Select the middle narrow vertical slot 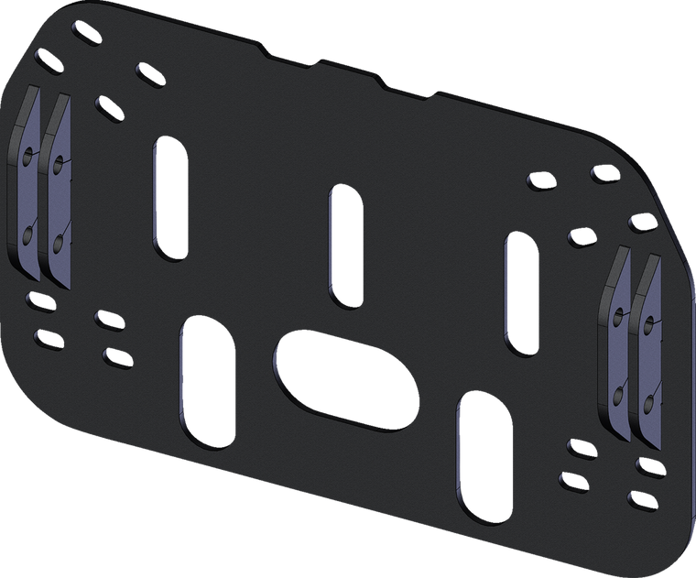344,245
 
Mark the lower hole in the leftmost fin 27,237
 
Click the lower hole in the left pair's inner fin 59,243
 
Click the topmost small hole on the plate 81,37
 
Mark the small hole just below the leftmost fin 38,300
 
